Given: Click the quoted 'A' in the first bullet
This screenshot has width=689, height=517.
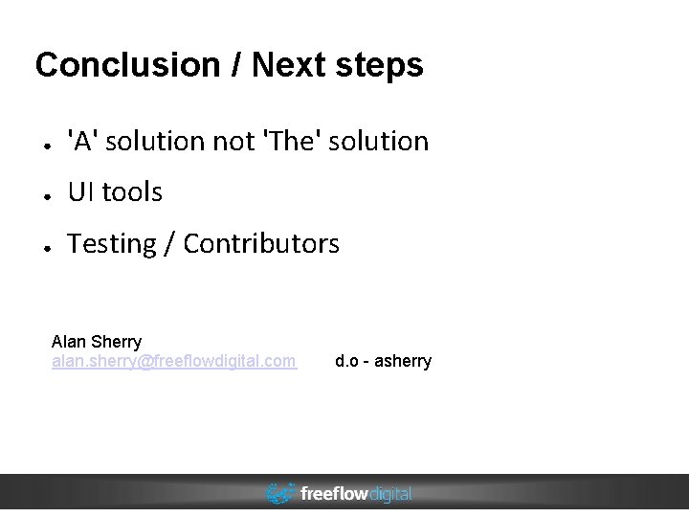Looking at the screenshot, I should [x=81, y=142].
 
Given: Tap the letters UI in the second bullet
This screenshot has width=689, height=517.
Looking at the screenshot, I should [x=80, y=193].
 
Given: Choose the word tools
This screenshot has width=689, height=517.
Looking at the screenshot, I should [x=132, y=193].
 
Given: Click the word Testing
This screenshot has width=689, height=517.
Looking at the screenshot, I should [x=111, y=245].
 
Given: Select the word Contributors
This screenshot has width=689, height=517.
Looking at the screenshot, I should [x=261, y=245].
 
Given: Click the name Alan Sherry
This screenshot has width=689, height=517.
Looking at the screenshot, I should [x=97, y=342].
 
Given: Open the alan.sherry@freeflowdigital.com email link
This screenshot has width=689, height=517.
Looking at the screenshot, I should [x=173, y=361].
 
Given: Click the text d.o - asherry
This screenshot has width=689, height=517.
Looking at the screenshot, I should [x=383, y=361].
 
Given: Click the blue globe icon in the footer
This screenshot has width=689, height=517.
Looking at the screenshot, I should [x=280, y=493].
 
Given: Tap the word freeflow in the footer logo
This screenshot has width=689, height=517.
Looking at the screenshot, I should [x=334, y=494].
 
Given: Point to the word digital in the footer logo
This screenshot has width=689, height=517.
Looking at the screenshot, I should [x=390, y=494].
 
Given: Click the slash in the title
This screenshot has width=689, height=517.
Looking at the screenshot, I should [x=234, y=66].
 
